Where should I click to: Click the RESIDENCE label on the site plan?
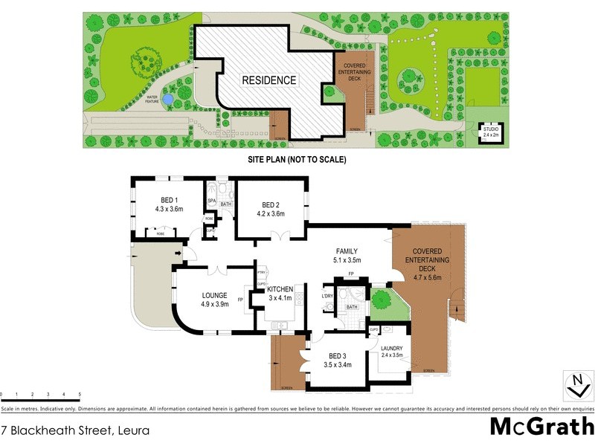click(x=268, y=80)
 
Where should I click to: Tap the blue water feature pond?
click(x=169, y=98)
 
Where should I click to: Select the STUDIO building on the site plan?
click(x=491, y=132)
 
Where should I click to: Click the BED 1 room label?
click(x=169, y=204)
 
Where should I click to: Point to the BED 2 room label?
click(x=271, y=204)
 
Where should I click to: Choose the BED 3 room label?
click(x=337, y=359)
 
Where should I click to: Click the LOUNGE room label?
click(x=215, y=298)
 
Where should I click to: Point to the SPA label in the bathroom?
click(x=211, y=201)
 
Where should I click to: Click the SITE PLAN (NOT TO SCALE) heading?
click(x=297, y=159)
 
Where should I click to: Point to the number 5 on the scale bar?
click(x=80, y=394)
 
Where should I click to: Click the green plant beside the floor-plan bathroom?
click(x=381, y=300)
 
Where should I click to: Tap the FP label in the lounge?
click(x=240, y=300)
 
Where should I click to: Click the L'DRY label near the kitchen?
click(x=327, y=297)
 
